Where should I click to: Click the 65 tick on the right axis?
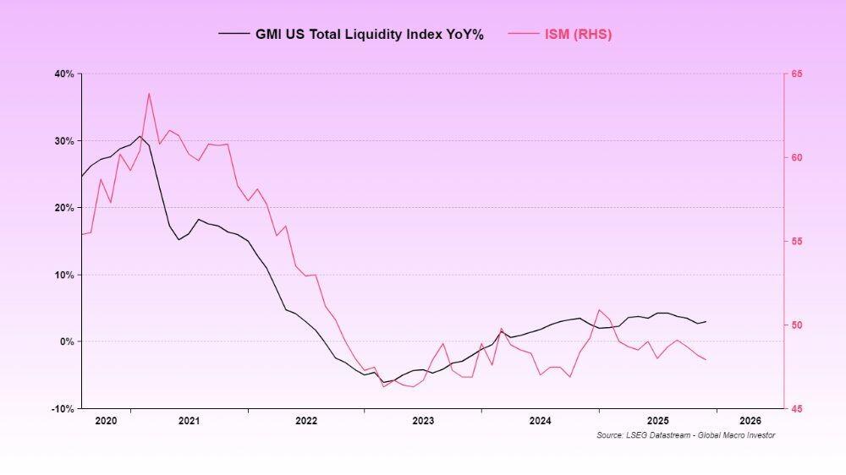(x=798, y=74)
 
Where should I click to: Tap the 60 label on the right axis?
(x=798, y=158)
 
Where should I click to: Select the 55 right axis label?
(x=798, y=242)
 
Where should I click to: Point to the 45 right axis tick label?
(x=798, y=409)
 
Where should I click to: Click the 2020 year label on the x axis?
(x=106, y=420)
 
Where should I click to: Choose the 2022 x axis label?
(x=305, y=420)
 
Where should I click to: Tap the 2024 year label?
(x=540, y=420)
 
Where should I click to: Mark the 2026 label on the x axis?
(x=750, y=420)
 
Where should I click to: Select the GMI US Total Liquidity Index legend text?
(x=370, y=35)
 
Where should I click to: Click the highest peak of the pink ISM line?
(x=149, y=93)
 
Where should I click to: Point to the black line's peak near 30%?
(x=140, y=135)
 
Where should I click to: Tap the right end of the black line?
(x=706, y=321)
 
